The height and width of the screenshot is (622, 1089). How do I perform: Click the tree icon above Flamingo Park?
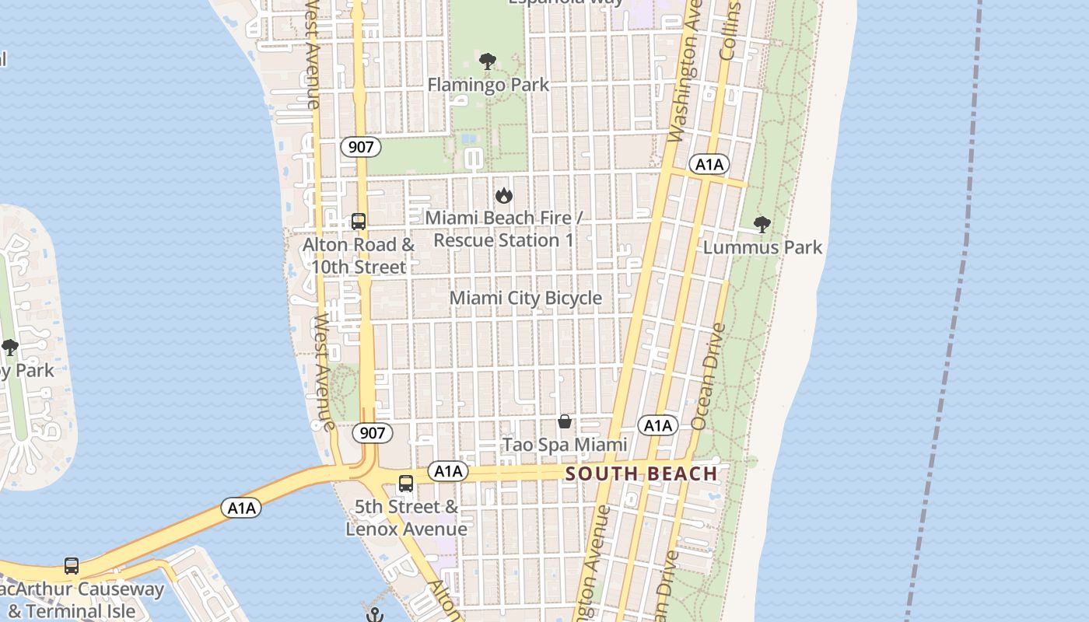(488, 61)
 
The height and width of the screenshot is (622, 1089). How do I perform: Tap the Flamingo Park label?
(488, 85)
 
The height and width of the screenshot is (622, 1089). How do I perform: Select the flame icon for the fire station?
(504, 195)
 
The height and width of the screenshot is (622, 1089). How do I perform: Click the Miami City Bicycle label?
(526, 298)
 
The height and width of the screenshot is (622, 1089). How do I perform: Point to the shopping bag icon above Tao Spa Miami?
(565, 421)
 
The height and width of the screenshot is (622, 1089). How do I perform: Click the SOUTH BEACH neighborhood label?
(641, 473)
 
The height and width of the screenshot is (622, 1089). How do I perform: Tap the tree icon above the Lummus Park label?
(762, 225)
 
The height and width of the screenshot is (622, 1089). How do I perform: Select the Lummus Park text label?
(762, 247)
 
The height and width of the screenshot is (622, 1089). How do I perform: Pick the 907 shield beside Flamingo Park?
(360, 146)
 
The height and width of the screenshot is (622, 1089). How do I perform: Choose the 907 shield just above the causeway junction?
(373, 432)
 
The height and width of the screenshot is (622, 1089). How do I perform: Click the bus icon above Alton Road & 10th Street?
(358, 222)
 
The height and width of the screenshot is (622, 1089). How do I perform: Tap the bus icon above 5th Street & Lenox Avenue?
(405, 484)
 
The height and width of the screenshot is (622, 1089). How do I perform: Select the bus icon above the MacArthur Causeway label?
(72, 565)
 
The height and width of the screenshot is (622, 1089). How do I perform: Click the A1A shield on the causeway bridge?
(241, 508)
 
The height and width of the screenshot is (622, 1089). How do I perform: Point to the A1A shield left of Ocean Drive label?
(658, 425)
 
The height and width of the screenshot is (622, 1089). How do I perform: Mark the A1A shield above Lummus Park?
(709, 164)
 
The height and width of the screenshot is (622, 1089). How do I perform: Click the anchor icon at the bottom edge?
(375, 615)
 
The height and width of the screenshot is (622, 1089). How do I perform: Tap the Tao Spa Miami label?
(565, 445)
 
